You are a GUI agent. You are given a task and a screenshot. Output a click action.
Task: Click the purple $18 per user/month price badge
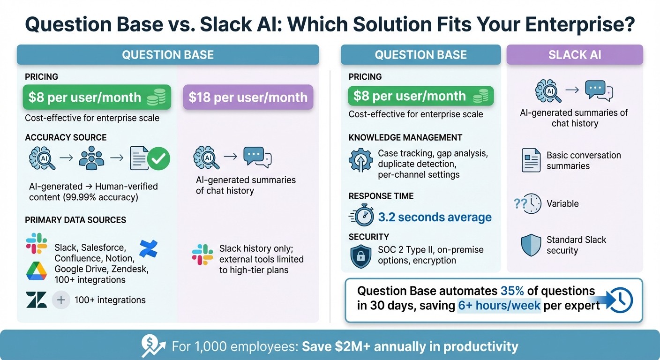pyautogui.click(x=247, y=97)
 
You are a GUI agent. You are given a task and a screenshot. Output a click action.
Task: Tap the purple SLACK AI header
pyautogui.click(x=575, y=55)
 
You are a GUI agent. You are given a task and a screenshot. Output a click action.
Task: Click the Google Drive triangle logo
pyautogui.click(x=36, y=271)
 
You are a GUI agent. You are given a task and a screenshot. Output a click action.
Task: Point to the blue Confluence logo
pyautogui.click(x=149, y=248)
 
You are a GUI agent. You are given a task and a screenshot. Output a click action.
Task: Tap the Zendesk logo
pyautogui.click(x=36, y=300)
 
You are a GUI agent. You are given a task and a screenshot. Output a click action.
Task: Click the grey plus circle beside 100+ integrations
pyautogui.click(x=61, y=300)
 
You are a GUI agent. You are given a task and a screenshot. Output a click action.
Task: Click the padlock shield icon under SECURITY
pyautogui.click(x=361, y=255)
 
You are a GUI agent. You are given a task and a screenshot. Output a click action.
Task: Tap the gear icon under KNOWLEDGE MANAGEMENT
pyautogui.click(x=361, y=160)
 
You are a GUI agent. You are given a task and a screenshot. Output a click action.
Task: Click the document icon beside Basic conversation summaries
pyautogui.click(x=531, y=160)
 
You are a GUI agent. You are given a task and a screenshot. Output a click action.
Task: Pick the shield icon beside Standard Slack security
pyautogui.click(x=531, y=245)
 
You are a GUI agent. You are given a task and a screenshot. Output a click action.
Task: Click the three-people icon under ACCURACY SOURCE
pyautogui.click(x=91, y=158)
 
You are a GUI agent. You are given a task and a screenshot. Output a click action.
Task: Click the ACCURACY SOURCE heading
pyautogui.click(x=66, y=137)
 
